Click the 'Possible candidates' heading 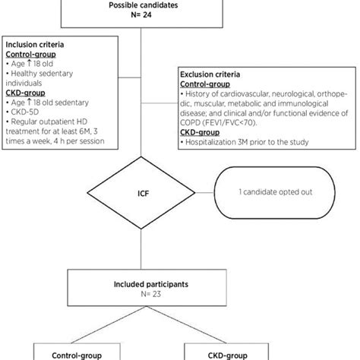(144, 5)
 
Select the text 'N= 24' (141, 15)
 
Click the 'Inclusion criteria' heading (35, 45)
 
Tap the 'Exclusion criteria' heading (210, 74)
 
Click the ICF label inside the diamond (143, 194)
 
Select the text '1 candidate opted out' (276, 192)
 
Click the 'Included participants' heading (151, 284)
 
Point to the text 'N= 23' (151, 294)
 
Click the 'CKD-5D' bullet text (22, 112)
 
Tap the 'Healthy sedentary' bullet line (39, 74)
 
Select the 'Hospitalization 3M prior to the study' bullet (245, 142)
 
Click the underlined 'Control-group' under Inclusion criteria (30, 55)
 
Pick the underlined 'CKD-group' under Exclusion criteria (200, 133)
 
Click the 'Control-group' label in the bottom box (77, 355)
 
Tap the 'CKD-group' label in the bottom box (227, 355)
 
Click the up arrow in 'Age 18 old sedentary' (29, 103)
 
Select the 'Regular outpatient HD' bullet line (46, 122)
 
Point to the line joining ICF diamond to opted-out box (204, 193)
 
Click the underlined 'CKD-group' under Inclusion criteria (25, 93)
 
